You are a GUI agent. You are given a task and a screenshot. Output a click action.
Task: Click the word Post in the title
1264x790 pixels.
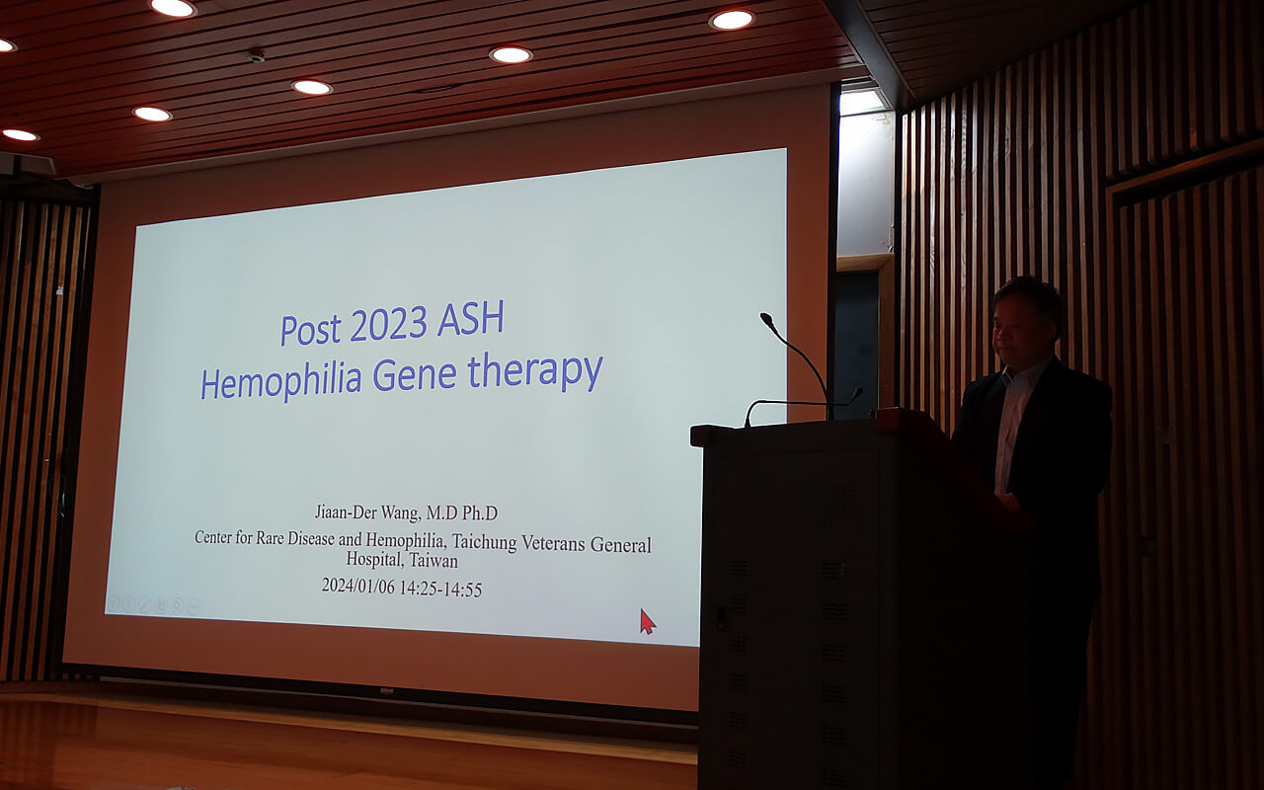[x=311, y=330]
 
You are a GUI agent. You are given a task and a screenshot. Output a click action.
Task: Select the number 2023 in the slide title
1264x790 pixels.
[x=388, y=325]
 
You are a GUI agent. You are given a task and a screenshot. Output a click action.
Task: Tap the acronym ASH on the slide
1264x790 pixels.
[x=470, y=319]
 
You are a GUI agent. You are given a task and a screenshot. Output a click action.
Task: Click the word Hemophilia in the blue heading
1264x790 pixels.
[x=281, y=380]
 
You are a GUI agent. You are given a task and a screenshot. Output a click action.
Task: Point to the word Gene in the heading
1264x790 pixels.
[x=415, y=373]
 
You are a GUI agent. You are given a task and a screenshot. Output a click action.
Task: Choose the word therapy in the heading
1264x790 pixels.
[x=535, y=371]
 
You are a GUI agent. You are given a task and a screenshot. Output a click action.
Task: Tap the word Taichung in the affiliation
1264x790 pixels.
[x=484, y=542]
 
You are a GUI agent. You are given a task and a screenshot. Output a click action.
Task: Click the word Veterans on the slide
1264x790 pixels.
[x=553, y=543]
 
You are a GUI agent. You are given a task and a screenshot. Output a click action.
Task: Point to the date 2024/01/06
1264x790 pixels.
[x=358, y=586]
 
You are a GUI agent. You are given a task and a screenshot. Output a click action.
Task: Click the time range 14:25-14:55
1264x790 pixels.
[x=440, y=589]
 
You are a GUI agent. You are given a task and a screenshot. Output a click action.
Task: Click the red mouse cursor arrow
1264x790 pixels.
[x=647, y=621]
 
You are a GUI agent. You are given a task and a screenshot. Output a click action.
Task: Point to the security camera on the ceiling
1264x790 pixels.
[x=256, y=55]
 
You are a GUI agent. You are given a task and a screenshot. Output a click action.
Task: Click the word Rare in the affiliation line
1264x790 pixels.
[x=271, y=538]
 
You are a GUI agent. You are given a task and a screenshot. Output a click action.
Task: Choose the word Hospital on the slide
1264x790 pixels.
[x=374, y=559]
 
